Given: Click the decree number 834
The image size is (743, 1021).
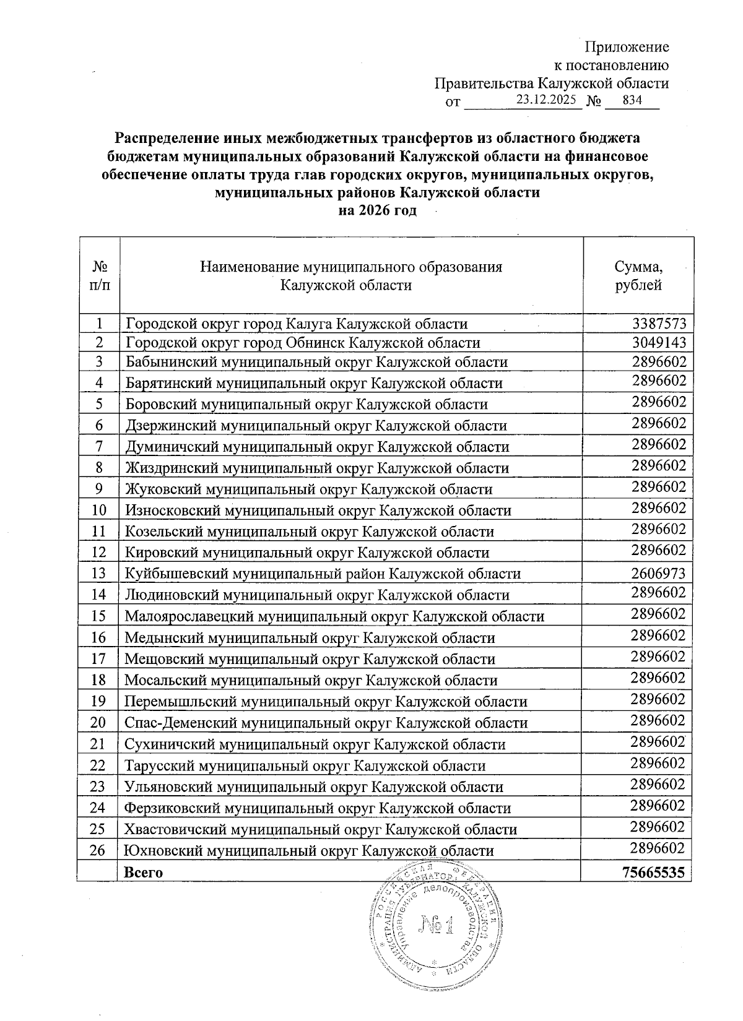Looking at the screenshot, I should [x=632, y=100].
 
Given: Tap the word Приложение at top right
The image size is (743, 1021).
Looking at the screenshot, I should [x=627, y=47].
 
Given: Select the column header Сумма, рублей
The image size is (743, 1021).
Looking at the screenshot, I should [x=638, y=276].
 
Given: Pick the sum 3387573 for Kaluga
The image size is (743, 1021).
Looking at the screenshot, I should [x=659, y=323].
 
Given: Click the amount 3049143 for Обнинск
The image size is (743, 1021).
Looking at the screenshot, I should [x=659, y=343].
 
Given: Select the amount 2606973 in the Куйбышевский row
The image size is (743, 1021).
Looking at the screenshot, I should [x=658, y=574].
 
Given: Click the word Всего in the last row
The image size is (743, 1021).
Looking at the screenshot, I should [x=144, y=872].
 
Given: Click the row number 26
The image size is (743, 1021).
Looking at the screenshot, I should [x=98, y=850].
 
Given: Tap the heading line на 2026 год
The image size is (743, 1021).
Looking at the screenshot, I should [x=376, y=210].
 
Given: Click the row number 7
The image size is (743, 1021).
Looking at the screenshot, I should [x=99, y=446].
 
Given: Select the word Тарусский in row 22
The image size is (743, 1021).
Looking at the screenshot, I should [x=158, y=765].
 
